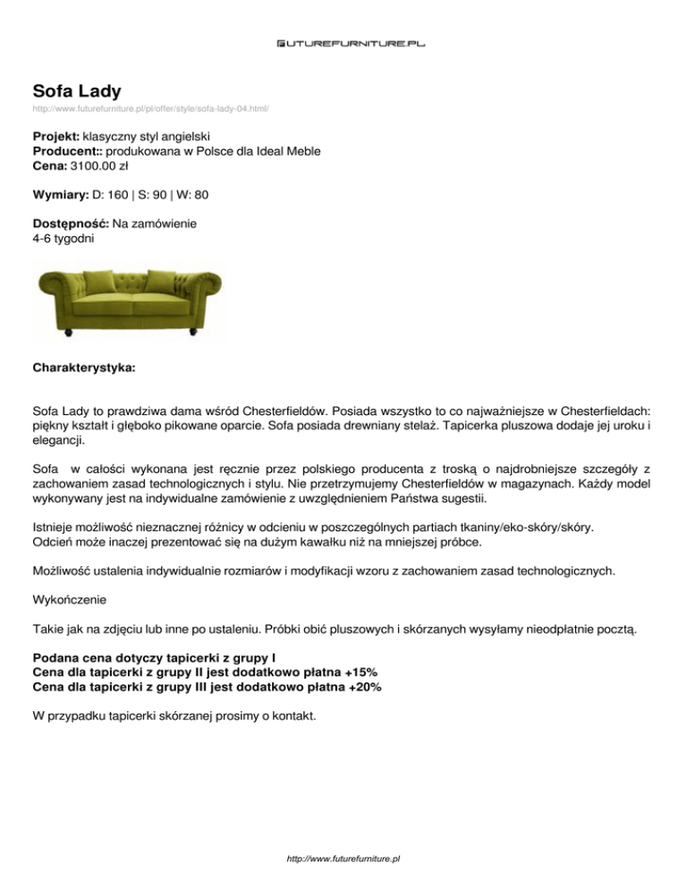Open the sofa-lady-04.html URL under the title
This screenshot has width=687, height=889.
[x=151, y=109]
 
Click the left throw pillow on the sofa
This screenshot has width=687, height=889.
[x=98, y=280]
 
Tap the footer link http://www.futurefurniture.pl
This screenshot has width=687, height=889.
[x=343, y=859]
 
